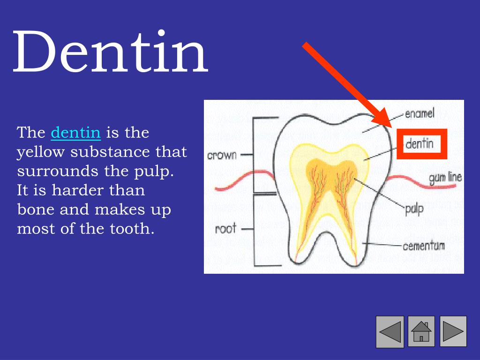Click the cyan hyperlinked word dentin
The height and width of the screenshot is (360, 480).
click(75, 133)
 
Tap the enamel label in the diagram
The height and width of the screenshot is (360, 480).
click(420, 113)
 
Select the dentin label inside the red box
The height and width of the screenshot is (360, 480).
click(420, 143)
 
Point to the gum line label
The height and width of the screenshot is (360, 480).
click(445, 178)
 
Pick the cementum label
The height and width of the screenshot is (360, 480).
click(424, 246)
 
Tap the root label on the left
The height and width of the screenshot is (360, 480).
click(225, 229)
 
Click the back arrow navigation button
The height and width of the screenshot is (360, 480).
click(390, 331)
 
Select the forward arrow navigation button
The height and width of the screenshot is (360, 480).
click(453, 331)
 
